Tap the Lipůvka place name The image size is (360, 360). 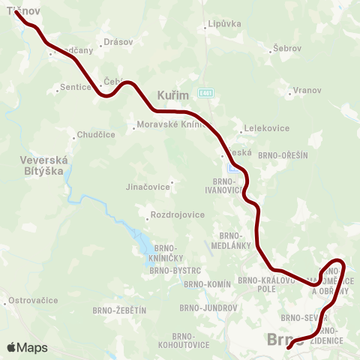[224, 24]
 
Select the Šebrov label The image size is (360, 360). [287, 48]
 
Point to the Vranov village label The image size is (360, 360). [307, 90]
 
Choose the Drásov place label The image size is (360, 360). [118, 43]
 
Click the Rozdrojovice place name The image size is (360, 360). [177, 215]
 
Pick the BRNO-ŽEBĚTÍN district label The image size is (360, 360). [119, 310]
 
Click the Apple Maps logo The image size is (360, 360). [27, 347]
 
